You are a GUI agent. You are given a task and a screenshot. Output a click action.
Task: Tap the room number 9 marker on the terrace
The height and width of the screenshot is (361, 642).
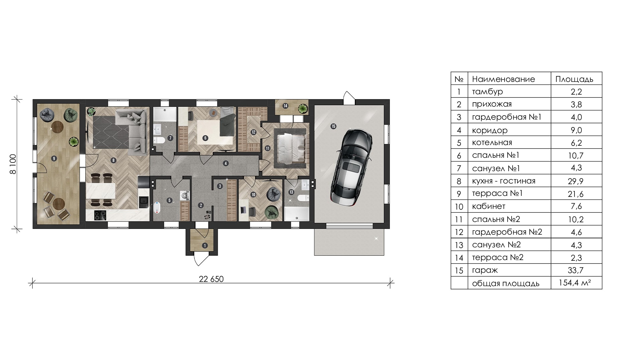54,158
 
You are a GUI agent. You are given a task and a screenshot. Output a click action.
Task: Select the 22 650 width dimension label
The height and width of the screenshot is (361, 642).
211,279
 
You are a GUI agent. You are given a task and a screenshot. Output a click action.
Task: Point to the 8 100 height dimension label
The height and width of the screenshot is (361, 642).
13,164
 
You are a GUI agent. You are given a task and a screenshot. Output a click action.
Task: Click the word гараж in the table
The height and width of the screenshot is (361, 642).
485,270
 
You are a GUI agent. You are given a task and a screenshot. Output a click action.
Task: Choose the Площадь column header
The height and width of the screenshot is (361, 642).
574,79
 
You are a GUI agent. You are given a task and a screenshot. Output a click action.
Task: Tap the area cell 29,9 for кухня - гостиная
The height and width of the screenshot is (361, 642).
576,181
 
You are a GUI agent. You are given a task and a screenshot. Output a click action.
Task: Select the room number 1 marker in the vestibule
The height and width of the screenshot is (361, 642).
205,246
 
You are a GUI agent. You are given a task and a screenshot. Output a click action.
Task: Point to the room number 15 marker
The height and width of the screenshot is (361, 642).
333,126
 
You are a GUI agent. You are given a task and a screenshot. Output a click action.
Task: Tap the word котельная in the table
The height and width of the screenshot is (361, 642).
492,142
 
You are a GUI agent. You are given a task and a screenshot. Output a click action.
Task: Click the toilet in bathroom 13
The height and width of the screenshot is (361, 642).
303,198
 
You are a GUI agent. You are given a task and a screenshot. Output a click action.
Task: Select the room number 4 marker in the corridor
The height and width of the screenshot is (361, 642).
226,163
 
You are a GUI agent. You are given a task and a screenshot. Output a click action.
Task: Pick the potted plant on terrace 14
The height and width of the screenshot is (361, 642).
303,108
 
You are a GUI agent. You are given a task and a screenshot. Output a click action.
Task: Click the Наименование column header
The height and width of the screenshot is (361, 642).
504,79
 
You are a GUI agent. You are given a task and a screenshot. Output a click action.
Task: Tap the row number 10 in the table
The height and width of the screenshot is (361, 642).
459,207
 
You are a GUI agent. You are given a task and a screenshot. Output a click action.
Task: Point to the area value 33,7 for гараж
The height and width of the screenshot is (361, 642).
576,270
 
